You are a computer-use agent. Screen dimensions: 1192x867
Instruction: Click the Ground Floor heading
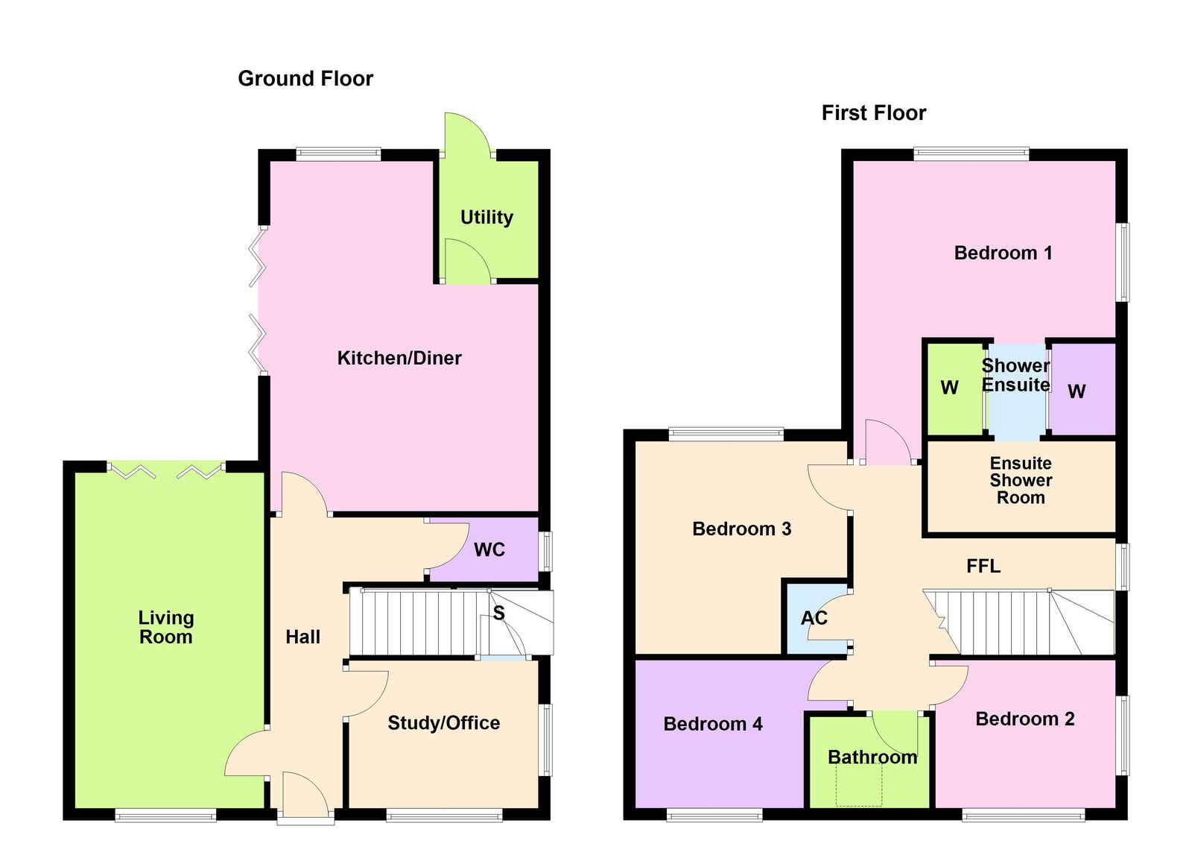[305, 79]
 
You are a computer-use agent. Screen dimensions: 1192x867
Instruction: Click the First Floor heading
[874, 113]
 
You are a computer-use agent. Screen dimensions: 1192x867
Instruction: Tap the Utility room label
[486, 217]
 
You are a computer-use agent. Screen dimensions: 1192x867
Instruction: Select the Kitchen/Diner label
[399, 358]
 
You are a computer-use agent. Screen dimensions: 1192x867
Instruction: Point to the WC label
[489, 549]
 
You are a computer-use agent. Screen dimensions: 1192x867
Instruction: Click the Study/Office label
[444, 722]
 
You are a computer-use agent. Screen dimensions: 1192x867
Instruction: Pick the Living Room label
[166, 627]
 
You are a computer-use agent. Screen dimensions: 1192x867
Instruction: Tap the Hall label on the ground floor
[302, 637]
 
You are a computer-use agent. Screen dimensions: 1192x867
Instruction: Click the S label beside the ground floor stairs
[498, 613]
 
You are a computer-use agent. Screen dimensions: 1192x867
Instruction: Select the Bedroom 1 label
[1003, 253]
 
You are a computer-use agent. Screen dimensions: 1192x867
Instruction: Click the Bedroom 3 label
[742, 529]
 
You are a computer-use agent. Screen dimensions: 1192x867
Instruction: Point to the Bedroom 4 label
[712, 724]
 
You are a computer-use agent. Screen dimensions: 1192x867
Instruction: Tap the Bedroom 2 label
[1025, 719]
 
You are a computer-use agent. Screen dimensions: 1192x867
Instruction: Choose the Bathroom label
[872, 757]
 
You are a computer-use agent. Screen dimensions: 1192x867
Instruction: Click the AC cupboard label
[814, 618]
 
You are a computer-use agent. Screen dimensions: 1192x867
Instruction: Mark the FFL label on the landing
[983, 566]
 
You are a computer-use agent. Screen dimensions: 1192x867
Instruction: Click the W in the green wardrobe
[950, 388]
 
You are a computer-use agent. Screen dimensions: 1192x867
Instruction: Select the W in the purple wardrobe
[1077, 391]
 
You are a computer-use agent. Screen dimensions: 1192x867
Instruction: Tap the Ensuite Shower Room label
[1021, 480]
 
